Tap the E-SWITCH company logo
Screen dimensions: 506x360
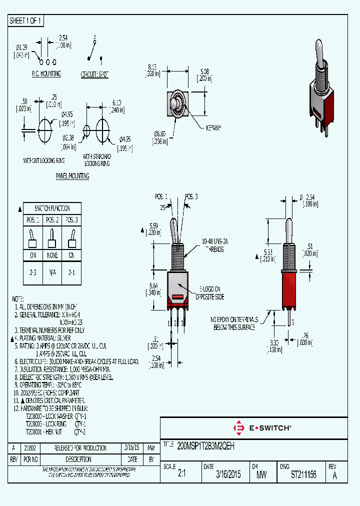point(262,428)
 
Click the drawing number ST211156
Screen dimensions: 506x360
point(303,474)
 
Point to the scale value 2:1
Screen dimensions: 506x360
point(182,475)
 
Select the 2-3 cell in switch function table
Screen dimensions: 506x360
point(33,273)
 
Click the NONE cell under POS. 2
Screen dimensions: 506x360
point(52,254)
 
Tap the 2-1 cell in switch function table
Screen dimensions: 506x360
point(71,273)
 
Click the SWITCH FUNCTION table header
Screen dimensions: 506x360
point(52,208)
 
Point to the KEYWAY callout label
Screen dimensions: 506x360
point(213,128)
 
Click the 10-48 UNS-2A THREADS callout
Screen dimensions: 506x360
point(212,245)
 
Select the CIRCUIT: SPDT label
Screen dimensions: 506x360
point(94,73)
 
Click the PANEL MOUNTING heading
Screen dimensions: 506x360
point(72,176)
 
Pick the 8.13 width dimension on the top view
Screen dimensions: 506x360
point(152,69)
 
